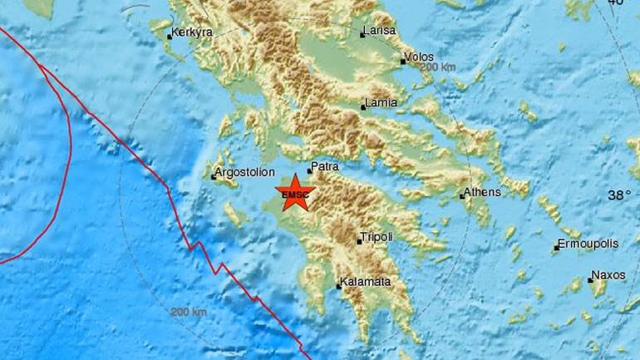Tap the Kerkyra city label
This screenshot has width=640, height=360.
tap(193, 32)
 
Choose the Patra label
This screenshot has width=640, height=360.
tap(326, 166)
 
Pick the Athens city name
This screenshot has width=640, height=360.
tap(485, 192)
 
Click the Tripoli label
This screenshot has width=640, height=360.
tap(378, 237)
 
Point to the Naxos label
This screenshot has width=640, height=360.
tap(608, 274)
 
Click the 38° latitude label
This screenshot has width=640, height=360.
tap(619, 196)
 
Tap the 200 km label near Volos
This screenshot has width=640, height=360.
tap(438, 67)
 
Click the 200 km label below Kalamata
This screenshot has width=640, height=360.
tap(189, 312)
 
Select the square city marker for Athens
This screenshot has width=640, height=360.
tap(462, 197)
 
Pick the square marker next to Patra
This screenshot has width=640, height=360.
tap(309, 172)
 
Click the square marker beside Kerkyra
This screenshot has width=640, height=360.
tap(170, 37)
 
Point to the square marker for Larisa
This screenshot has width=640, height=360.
tap(362, 35)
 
